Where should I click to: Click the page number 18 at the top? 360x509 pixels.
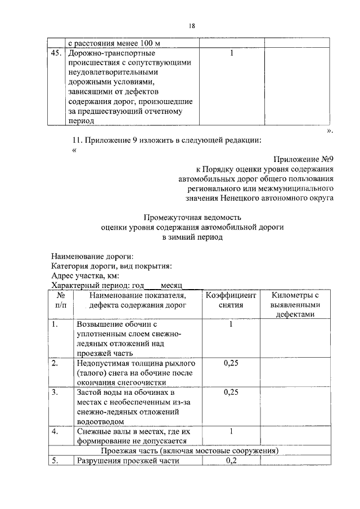(192, 26)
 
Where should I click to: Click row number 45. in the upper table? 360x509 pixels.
(55, 53)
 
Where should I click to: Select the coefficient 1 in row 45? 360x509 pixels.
(232, 53)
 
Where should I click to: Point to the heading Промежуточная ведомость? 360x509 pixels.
(192, 217)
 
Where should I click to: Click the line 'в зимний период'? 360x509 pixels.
(192, 237)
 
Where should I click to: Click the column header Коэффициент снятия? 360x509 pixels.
(231, 300)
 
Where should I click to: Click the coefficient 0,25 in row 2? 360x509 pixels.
(231, 363)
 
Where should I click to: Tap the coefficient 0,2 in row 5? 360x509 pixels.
(231, 461)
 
